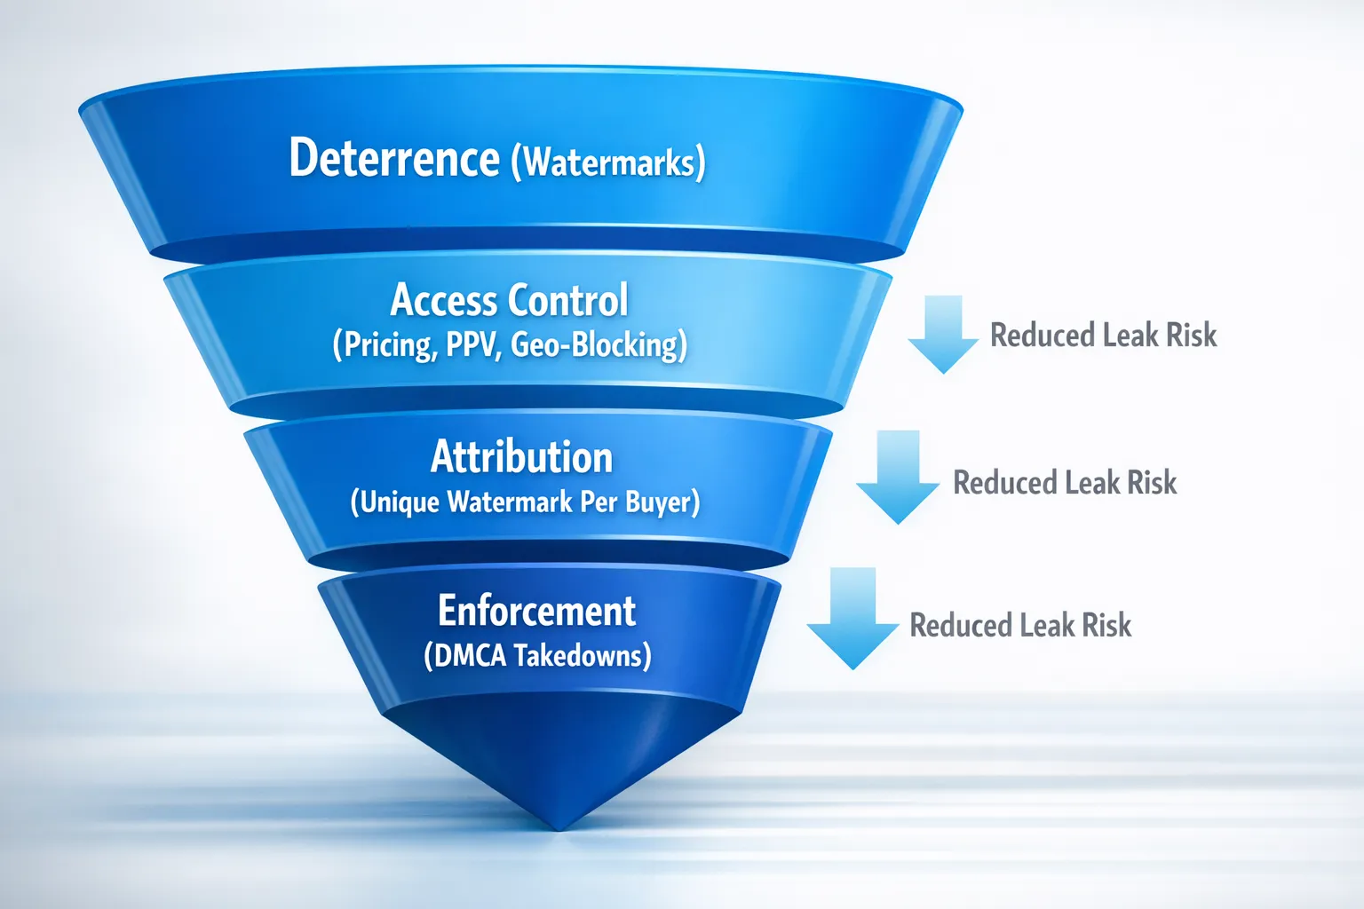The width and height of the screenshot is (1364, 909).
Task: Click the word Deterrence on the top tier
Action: (x=394, y=159)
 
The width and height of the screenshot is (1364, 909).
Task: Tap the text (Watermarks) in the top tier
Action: (x=608, y=163)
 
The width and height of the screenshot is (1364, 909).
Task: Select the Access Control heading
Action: (x=509, y=300)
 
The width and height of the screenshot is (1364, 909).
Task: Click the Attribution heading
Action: (x=522, y=457)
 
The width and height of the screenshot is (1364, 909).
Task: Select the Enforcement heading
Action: (x=536, y=611)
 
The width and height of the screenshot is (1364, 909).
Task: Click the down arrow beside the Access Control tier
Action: (x=943, y=334)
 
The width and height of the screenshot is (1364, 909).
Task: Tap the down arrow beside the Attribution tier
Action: (x=898, y=477)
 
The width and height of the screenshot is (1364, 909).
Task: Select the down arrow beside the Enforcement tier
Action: (x=852, y=618)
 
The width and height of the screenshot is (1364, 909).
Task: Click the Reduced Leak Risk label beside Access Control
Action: (x=1103, y=336)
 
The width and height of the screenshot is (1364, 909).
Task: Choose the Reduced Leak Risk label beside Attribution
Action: (x=1064, y=483)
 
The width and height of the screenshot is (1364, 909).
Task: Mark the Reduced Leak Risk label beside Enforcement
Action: (x=1020, y=626)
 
